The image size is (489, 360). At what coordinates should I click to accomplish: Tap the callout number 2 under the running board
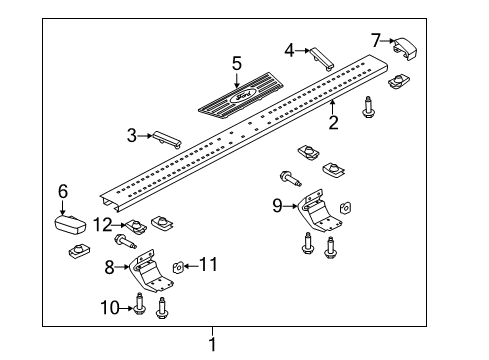(333, 123)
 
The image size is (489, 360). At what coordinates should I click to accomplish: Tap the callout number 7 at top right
(376, 40)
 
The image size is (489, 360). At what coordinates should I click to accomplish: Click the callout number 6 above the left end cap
(62, 189)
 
